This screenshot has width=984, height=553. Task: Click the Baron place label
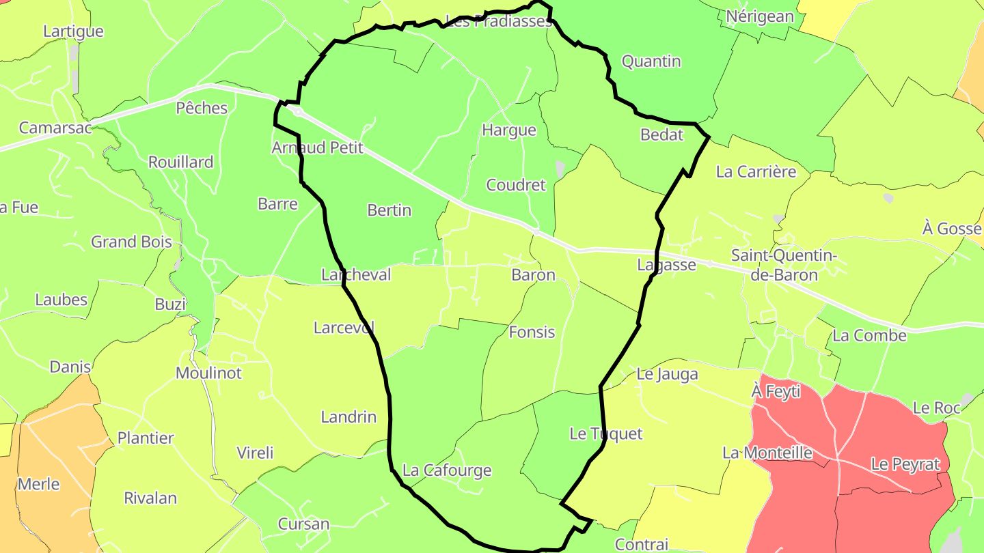[533, 275]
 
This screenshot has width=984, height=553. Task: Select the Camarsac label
[55, 128]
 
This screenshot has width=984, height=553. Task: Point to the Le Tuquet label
[606, 434]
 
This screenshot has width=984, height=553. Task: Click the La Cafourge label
[447, 470]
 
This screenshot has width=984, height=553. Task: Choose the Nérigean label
[760, 16]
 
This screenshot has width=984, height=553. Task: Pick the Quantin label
[651, 61]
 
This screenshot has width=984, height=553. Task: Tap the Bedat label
[661, 134]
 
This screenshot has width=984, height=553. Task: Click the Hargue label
[509, 130]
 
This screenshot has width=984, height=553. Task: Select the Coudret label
[516, 185]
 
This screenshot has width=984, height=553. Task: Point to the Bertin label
[389, 210]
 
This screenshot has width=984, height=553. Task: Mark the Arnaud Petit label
[317, 147]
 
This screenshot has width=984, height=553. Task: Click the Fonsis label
[532, 332]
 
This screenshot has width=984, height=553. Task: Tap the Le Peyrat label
[905, 464]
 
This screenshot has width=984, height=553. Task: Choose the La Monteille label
[767, 453]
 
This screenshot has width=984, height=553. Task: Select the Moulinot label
[209, 373]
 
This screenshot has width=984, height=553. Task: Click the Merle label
[39, 485]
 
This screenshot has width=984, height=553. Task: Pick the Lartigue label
[73, 31]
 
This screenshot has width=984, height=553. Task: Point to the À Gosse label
[951, 229]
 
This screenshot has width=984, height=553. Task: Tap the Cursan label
[303, 524]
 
